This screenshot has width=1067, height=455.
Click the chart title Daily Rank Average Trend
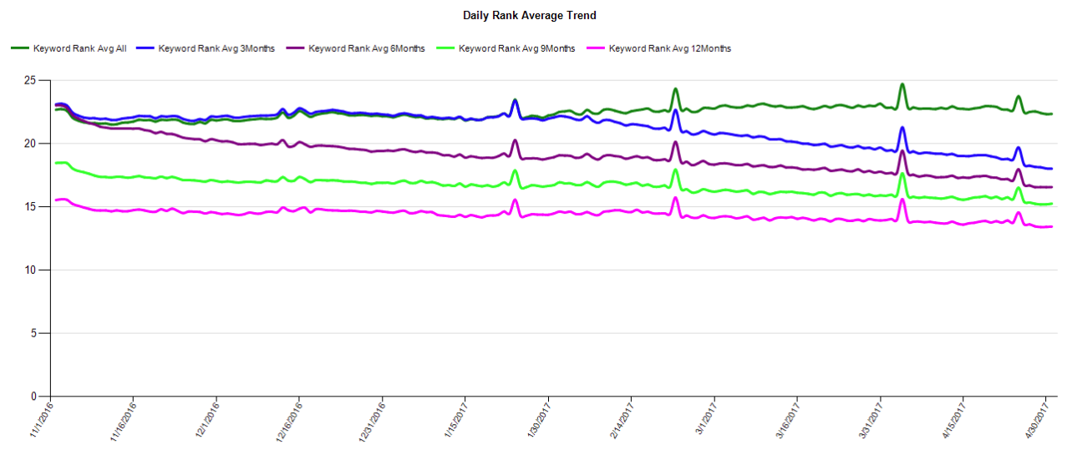coord(529,16)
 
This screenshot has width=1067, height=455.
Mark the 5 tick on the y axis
coord(34,333)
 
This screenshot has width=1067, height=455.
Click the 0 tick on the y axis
coord(34,397)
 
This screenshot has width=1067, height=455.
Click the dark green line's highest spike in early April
coord(902,84)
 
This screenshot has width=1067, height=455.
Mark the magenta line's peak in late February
coord(675,198)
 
